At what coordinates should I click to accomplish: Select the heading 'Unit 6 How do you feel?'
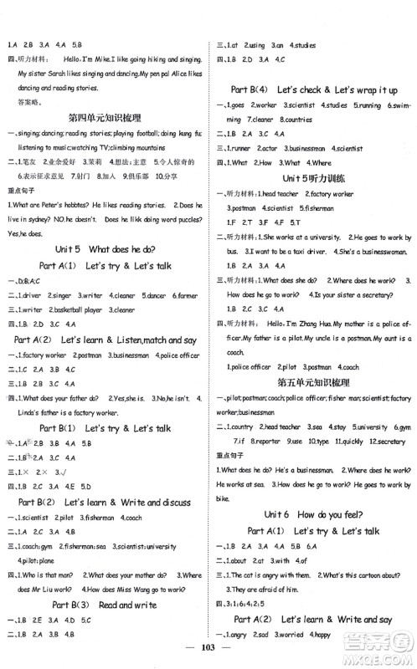(x=313, y=516)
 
